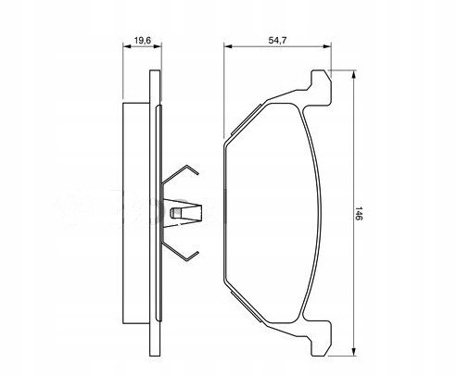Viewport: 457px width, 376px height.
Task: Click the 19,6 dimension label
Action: coord(142,41)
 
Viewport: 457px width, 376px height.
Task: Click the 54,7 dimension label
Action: coord(277,41)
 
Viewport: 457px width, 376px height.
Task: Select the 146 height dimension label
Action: coord(359,213)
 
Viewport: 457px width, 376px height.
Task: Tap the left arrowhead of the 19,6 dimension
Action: coord(127,46)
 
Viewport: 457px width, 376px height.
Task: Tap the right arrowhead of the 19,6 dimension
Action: coord(158,46)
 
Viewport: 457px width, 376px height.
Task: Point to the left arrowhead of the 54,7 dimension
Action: coord(228,46)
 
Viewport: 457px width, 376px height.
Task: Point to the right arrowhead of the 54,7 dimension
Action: coord(327,46)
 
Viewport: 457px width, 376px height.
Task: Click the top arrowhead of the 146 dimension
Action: coord(353,75)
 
